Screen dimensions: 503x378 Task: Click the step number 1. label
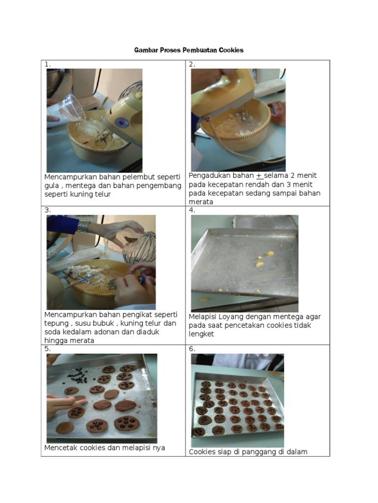(x=47, y=64)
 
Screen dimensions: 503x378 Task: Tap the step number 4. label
(x=192, y=210)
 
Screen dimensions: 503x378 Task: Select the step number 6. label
(x=192, y=349)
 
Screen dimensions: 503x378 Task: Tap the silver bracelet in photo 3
(x=84, y=227)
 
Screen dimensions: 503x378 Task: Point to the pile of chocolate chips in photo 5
(x=77, y=376)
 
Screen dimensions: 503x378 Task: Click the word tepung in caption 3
(x=56, y=323)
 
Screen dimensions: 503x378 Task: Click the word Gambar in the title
(x=146, y=50)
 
